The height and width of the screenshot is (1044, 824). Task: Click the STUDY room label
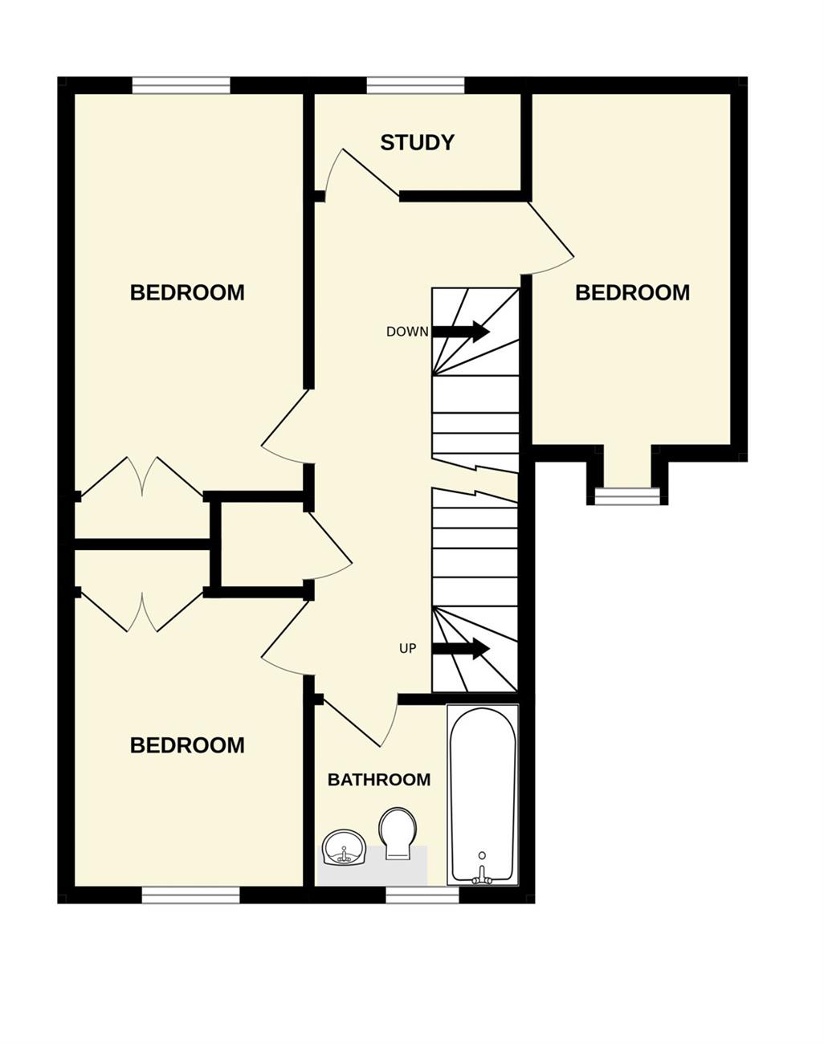[417, 143]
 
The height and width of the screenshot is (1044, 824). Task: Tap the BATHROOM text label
[379, 780]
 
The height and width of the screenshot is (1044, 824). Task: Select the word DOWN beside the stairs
[408, 332]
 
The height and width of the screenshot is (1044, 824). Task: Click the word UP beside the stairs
[408, 649]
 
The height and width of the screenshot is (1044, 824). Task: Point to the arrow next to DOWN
[460, 332]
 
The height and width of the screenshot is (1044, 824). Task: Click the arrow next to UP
[460, 649]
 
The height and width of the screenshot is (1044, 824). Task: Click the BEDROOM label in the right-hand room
[632, 293]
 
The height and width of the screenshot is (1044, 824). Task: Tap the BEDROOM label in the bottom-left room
[187, 745]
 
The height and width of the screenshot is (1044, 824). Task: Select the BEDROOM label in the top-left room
[187, 293]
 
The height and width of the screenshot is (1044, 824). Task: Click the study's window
[416, 85]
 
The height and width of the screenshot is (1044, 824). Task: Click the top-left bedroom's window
[181, 85]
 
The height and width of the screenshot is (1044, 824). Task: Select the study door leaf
[371, 173]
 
